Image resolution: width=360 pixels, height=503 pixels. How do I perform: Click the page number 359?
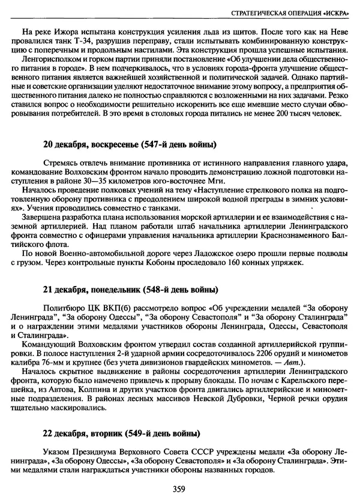click(178, 489)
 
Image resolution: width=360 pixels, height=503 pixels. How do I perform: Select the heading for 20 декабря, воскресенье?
click(130, 144)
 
